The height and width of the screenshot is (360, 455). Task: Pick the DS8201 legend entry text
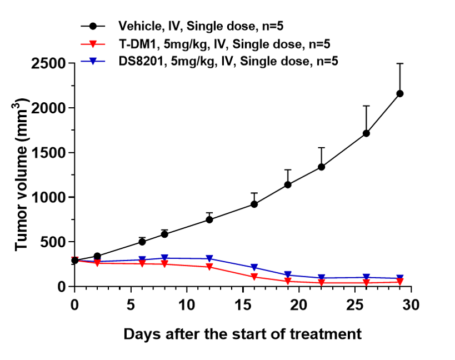coord(228,61)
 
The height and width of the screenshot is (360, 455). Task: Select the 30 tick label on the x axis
coord(411,305)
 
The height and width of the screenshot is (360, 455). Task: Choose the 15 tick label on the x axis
coord(242,305)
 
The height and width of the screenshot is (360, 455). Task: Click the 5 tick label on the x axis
coord(131,305)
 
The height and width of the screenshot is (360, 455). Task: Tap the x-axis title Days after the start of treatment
coord(242,334)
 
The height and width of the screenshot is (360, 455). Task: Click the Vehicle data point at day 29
coord(399,93)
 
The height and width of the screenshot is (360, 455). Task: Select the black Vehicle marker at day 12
coord(209,219)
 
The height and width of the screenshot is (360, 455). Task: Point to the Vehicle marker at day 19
coord(288,184)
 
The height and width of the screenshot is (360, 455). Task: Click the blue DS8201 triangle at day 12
coord(209,259)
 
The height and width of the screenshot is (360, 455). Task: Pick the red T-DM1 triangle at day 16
coord(254,277)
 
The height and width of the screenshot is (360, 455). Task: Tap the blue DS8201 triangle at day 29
coord(399,278)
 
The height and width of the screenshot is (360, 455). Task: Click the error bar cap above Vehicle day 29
coord(399,64)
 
